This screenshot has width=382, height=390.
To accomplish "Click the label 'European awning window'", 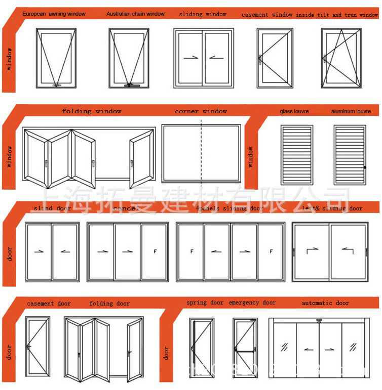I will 54,14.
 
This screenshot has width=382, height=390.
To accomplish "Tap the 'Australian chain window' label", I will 135,14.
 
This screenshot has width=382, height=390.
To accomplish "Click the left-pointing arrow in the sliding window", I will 216,58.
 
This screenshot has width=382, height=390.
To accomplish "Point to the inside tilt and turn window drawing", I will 341,57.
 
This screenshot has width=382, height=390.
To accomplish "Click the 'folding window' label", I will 92,111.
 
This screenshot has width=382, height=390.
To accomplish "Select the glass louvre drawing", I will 297,154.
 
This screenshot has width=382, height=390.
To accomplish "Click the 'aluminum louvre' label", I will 351,111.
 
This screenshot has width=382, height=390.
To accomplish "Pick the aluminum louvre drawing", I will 350,154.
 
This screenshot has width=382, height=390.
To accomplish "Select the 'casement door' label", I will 49,304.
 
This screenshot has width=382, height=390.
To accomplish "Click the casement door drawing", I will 37,347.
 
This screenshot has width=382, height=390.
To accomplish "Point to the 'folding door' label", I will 109,304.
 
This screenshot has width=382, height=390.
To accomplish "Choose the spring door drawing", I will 202,348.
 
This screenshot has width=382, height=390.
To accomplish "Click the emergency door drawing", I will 245,348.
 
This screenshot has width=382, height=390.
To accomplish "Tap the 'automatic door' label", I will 325,303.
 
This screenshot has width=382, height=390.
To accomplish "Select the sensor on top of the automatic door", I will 319,320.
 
